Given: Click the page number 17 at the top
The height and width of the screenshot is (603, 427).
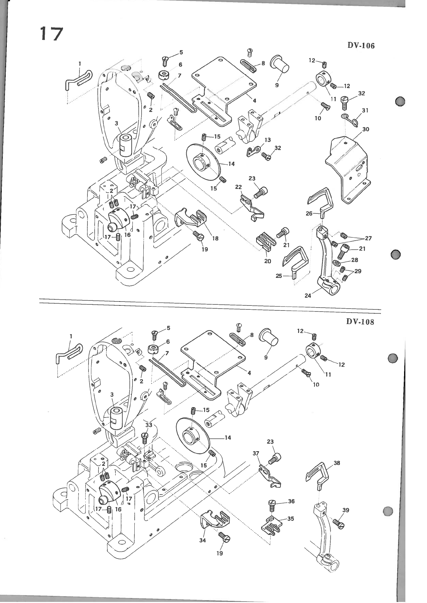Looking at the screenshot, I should click(x=51, y=34).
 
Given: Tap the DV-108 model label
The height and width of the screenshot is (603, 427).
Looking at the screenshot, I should click(x=360, y=321).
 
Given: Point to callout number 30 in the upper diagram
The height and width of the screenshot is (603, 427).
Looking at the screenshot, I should click(x=365, y=129).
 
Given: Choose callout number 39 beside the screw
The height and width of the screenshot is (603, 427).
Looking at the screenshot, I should click(x=345, y=510).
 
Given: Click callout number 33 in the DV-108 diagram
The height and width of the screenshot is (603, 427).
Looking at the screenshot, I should click(x=149, y=425).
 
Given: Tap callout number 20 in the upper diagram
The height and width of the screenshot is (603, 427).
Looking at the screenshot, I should click(x=268, y=261).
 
